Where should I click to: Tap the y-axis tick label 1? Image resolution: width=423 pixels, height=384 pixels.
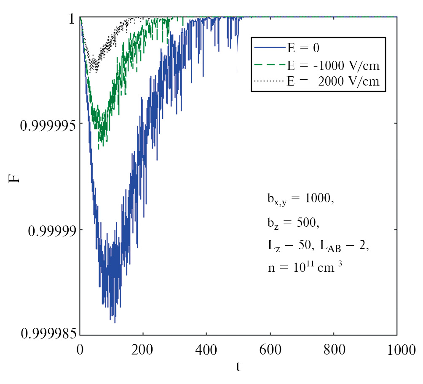[x=72, y=19]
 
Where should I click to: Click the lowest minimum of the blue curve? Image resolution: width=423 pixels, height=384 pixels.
[x=115, y=322]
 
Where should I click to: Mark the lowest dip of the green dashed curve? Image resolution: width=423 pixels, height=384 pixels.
[x=99, y=149]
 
